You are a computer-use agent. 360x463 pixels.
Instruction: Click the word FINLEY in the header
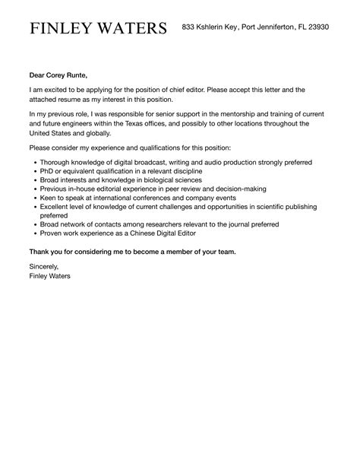[60, 29]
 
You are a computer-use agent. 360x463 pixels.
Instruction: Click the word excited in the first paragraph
[58, 89]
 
